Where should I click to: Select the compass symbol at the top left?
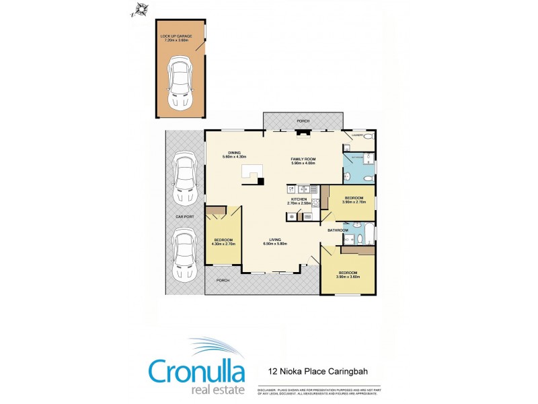[x=141, y=9]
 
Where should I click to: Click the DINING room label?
[x=234, y=153]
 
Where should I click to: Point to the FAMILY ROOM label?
[x=303, y=159]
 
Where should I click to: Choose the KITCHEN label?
[x=299, y=199]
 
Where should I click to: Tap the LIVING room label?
[x=275, y=239]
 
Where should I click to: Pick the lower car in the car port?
[x=184, y=254]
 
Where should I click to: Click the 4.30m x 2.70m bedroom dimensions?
[x=223, y=244]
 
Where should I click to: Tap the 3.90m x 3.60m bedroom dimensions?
[x=348, y=277]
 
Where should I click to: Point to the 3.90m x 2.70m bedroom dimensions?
[x=354, y=202]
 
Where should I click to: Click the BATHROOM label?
[x=338, y=230]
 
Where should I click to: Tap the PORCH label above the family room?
[x=303, y=122]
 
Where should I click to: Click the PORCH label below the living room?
[x=223, y=280]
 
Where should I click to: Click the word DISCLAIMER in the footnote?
[x=266, y=390]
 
